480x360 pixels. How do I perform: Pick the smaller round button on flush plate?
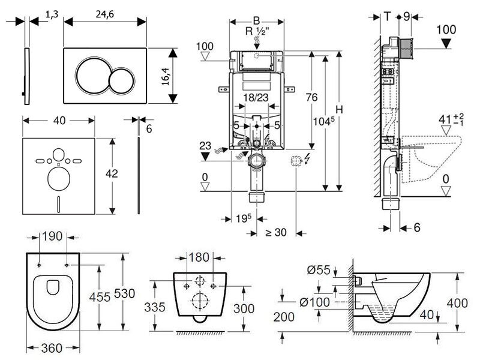click(x=124, y=78)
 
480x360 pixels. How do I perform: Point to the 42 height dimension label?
click(x=111, y=174)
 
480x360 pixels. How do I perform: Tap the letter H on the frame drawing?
click(x=339, y=110)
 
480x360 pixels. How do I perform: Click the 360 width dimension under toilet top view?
click(x=53, y=349)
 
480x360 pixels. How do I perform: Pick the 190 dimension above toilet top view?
click(x=53, y=236)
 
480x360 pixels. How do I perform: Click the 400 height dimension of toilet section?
click(x=457, y=304)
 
